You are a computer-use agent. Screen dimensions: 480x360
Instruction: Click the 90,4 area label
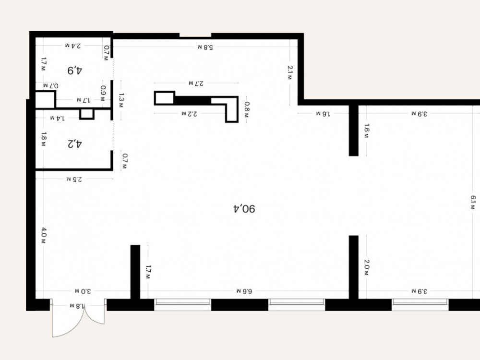[244, 209]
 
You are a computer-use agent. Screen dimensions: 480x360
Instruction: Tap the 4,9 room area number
[75, 71]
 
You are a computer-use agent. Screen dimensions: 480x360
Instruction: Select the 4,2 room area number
[75, 144]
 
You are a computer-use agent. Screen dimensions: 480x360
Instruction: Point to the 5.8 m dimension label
[205, 47]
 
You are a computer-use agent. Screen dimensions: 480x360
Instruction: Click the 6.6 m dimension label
[244, 291]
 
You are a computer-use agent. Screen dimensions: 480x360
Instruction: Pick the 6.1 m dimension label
[472, 203]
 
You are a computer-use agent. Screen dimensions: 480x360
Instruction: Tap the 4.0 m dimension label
[44, 235]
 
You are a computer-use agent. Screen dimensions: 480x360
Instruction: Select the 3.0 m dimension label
[83, 291]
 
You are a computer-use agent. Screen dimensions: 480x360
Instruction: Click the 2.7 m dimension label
[196, 83]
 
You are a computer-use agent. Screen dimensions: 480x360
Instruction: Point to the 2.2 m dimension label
[189, 114]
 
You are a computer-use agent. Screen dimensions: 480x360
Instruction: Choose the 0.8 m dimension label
[247, 109]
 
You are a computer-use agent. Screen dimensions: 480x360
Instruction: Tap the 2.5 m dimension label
[74, 179]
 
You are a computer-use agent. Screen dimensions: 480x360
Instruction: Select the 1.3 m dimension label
[121, 100]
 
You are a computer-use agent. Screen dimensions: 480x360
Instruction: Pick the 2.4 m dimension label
[73, 46]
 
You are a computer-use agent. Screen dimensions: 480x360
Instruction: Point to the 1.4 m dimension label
[57, 118]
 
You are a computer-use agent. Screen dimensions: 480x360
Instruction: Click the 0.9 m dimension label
[103, 94]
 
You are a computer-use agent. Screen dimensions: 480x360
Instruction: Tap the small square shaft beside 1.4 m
[87, 114]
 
